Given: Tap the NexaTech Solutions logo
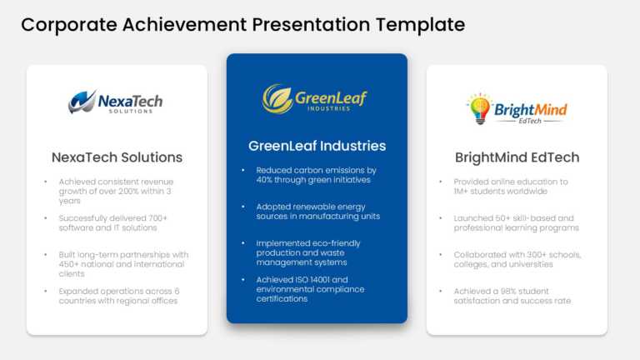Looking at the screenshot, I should coord(116,102).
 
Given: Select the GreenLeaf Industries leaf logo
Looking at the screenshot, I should coord(277,98).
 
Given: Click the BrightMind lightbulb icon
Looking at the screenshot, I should coord(479,108).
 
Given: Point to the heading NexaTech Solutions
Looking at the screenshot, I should coord(117,157).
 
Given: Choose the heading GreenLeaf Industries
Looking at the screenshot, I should coord(317,146).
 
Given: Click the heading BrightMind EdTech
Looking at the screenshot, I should coord(517,157).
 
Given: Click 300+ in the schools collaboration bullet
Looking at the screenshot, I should coord(532,254).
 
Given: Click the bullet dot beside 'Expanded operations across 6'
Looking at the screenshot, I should coord(46,291).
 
